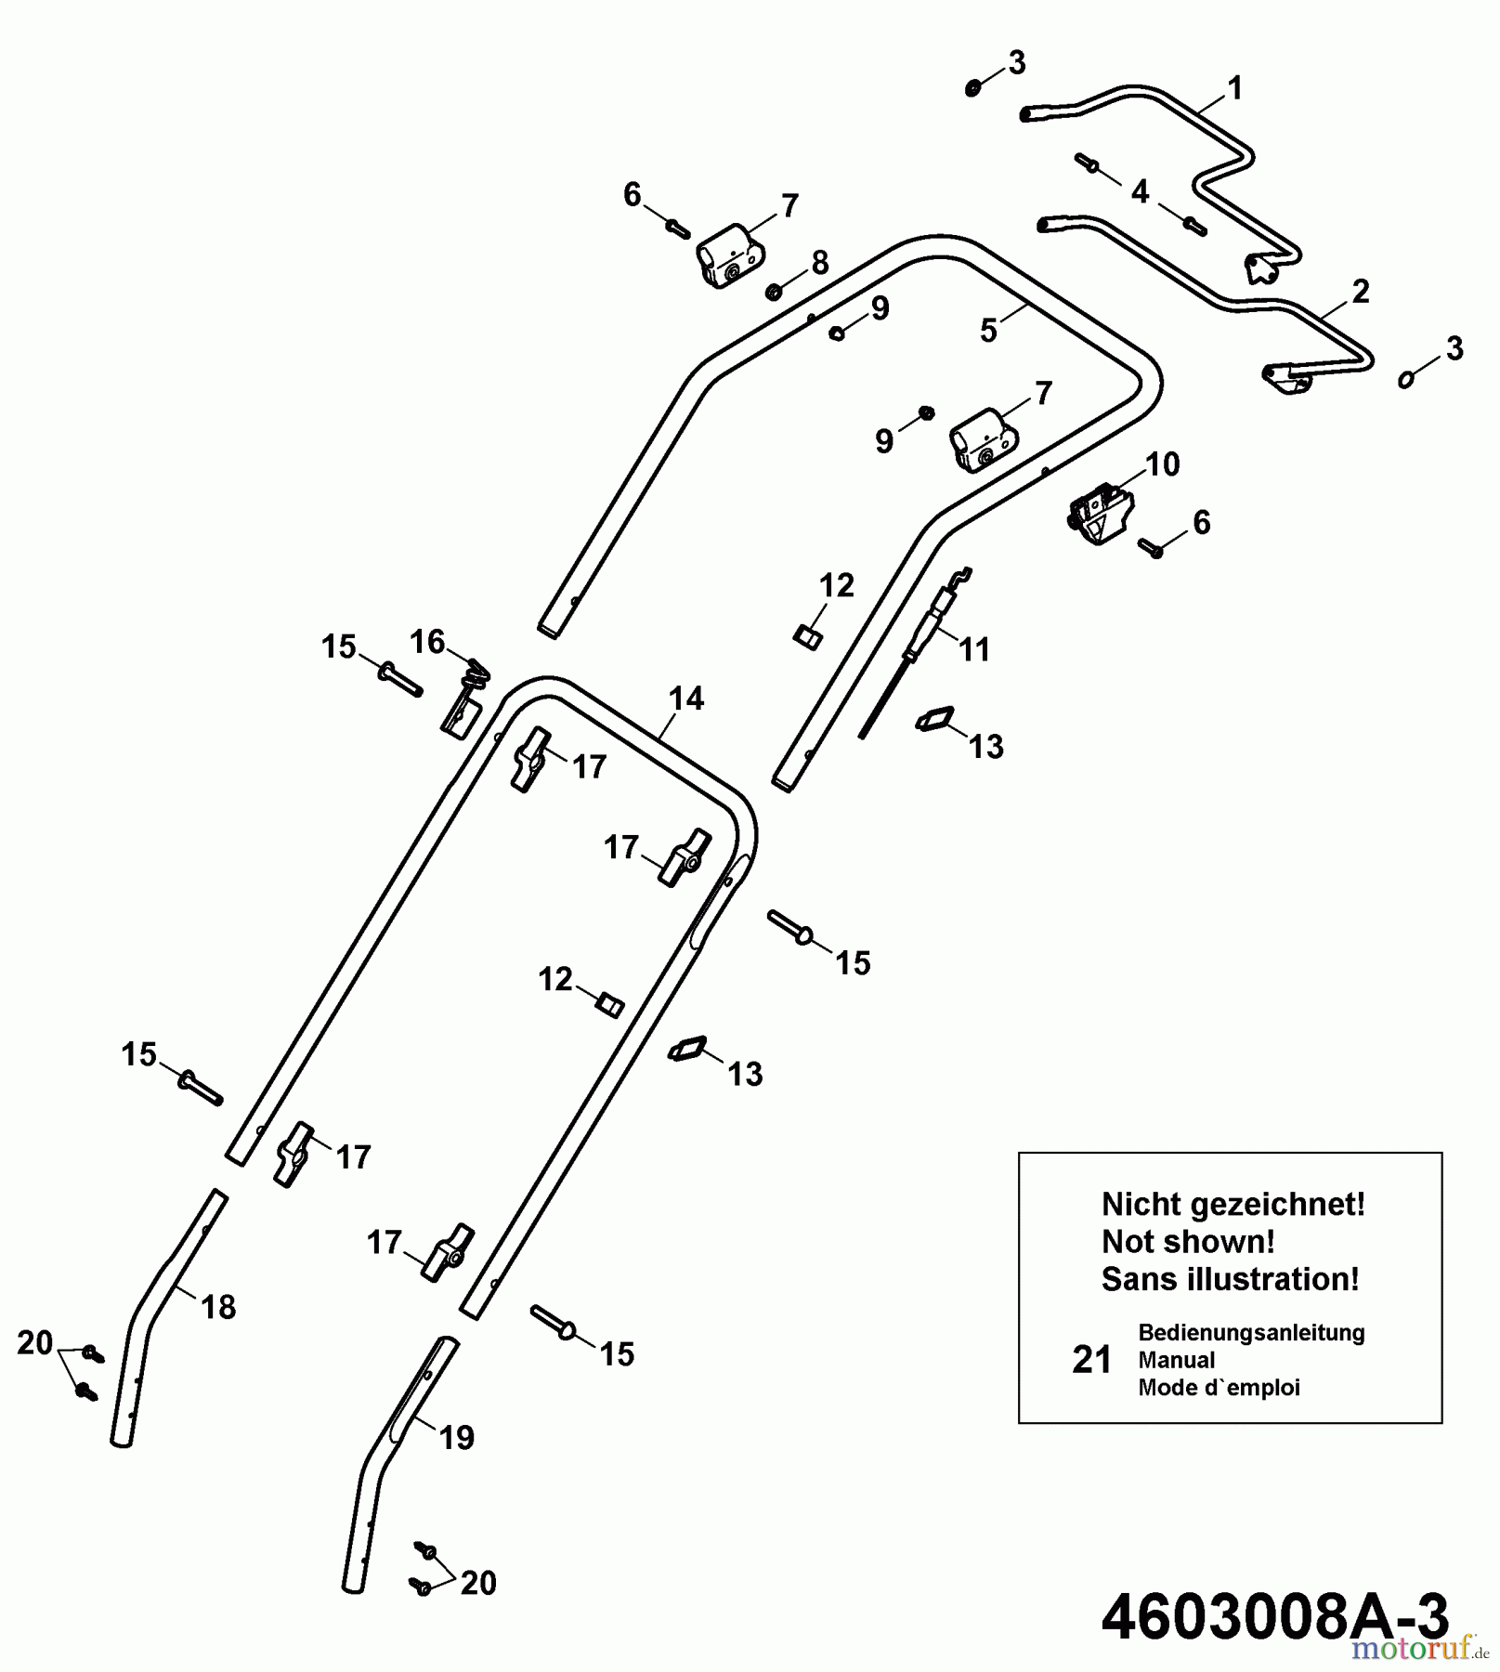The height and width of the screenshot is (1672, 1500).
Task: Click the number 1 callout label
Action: [1233, 89]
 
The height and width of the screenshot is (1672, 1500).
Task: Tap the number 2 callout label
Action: [1360, 292]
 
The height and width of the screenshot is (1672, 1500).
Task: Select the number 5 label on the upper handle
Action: [988, 331]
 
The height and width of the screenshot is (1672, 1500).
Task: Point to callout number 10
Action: [1163, 464]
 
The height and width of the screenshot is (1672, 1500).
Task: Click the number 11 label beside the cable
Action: [974, 649]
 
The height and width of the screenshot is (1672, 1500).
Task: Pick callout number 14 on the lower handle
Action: [686, 698]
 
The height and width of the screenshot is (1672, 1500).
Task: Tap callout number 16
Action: [427, 641]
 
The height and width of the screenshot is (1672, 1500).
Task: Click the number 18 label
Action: [219, 1307]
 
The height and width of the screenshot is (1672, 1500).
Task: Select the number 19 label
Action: [456, 1437]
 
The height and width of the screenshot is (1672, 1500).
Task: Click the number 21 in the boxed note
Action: [1091, 1360]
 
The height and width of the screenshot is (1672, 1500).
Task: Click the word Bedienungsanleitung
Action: [1251, 1332]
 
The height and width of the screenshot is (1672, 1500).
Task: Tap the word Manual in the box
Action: [1176, 1360]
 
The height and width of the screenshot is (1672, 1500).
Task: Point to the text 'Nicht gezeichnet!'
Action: [1233, 1204]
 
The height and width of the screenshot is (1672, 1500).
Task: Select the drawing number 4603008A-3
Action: [1274, 1617]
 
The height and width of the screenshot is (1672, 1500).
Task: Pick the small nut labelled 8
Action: [772, 294]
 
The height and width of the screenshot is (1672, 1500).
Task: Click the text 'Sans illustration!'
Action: [1230, 1279]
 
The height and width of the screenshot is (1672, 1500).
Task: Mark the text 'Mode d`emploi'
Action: [1219, 1388]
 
